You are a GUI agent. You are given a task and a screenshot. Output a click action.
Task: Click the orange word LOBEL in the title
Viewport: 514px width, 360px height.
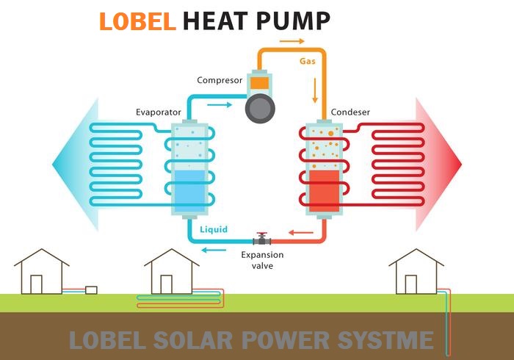point(137,21)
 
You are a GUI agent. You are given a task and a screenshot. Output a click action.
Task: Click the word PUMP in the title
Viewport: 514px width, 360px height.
point(292,21)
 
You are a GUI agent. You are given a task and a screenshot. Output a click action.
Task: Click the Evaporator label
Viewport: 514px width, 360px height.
point(158,112)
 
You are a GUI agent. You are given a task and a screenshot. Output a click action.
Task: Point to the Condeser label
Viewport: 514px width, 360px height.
point(350,112)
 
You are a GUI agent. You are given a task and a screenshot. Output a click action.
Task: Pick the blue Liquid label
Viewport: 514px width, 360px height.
point(214,229)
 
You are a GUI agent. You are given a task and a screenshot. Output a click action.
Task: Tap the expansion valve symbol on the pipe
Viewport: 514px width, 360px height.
point(261,239)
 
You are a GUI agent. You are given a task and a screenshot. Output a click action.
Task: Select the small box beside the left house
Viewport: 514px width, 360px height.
point(91,289)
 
